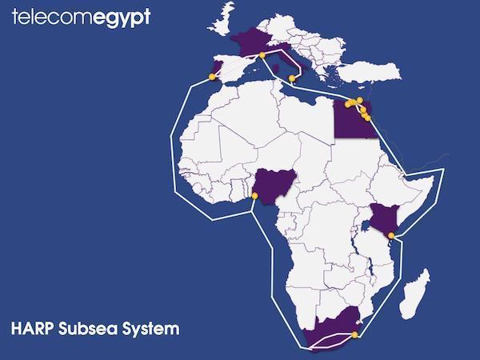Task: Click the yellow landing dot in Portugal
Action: tap(212, 77)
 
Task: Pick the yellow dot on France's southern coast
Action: tap(262, 55)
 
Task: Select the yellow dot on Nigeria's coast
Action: tap(254, 195)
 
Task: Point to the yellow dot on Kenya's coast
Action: tap(390, 235)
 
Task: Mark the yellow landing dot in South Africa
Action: tap(354, 335)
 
